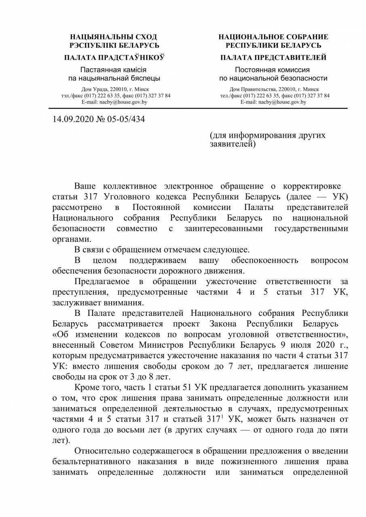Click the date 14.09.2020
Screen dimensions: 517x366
[x=72, y=119]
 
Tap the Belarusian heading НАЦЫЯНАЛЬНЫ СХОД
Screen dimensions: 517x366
[x=114, y=37]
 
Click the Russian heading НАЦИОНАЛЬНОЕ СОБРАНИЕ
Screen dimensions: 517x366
[x=273, y=37]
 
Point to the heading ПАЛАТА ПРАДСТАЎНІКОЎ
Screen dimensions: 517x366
[x=114, y=58]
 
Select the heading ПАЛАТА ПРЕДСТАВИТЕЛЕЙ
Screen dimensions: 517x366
[x=273, y=58]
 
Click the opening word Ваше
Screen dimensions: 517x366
[x=86, y=186]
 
